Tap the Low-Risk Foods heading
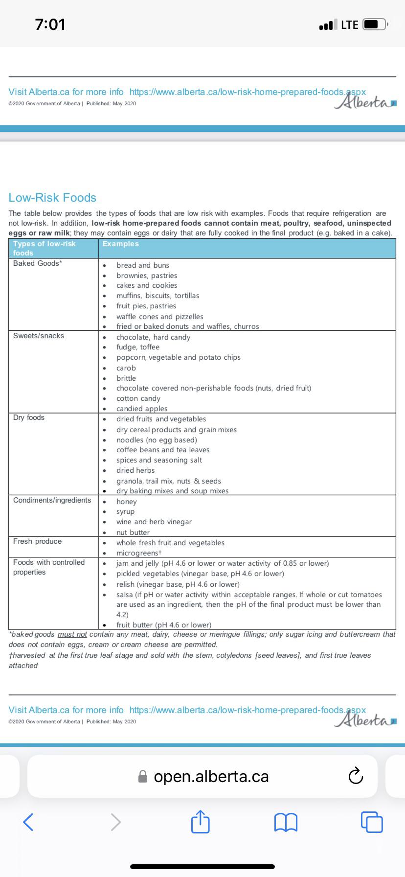[x=52, y=198]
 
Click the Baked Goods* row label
[x=38, y=263]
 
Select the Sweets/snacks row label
[x=39, y=336]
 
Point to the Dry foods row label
[x=29, y=417]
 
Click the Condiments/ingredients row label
[x=52, y=500]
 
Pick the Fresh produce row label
[x=37, y=541]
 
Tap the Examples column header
[x=121, y=244]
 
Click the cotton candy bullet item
[x=138, y=398]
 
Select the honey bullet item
[x=127, y=502]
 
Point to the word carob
[x=126, y=368]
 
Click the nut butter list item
[x=133, y=532]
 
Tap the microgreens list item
[x=139, y=553]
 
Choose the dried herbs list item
[x=135, y=470]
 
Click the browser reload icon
[x=356, y=776]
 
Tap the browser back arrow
[x=28, y=822]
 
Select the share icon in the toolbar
[x=200, y=822]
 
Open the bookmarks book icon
[x=286, y=822]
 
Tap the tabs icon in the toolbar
[x=372, y=822]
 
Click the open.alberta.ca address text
[x=211, y=777]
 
